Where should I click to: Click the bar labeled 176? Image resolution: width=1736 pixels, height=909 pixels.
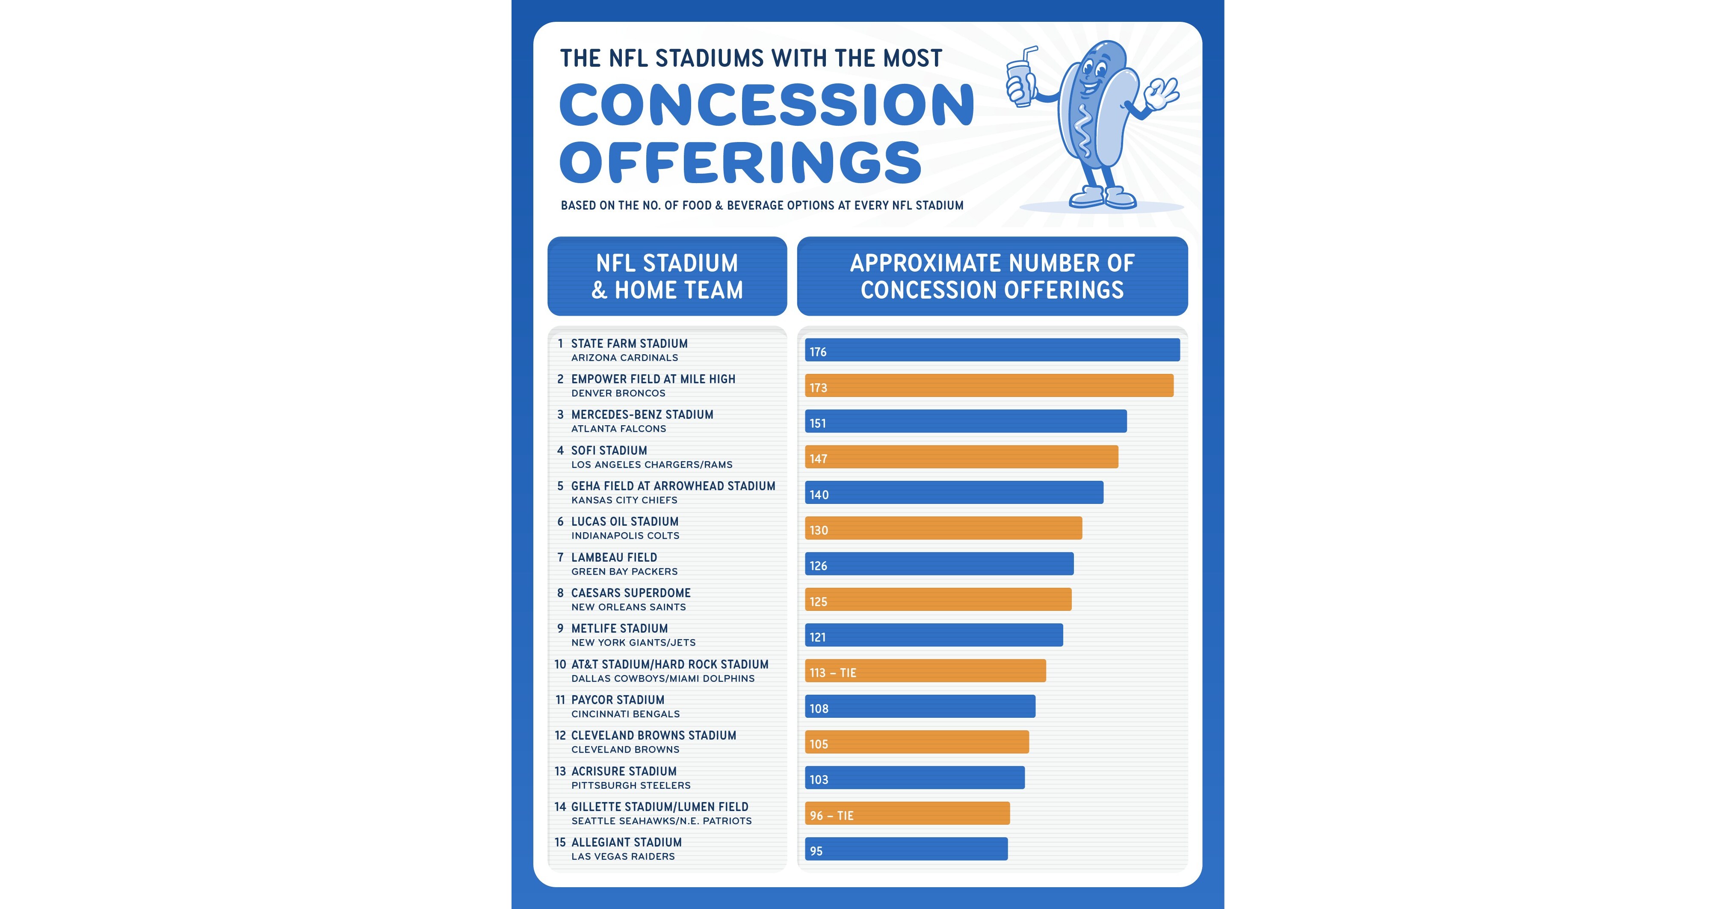[x=992, y=350]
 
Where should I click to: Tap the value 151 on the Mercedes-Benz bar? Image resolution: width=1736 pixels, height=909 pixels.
[x=817, y=423]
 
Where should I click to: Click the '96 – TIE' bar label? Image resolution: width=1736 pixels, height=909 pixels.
[x=831, y=815]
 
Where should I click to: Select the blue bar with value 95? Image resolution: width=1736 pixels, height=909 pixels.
[x=906, y=849]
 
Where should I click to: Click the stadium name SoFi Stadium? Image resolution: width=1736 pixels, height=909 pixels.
[x=609, y=450]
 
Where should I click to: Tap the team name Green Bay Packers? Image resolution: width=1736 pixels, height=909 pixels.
[x=624, y=571]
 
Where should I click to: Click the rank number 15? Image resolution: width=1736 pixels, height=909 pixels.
[x=560, y=842]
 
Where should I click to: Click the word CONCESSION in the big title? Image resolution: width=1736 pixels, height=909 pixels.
[x=767, y=105]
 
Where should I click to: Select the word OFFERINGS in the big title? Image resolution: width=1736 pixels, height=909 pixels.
[x=740, y=163]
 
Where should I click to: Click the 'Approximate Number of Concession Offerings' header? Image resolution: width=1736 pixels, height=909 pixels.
[x=992, y=276]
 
